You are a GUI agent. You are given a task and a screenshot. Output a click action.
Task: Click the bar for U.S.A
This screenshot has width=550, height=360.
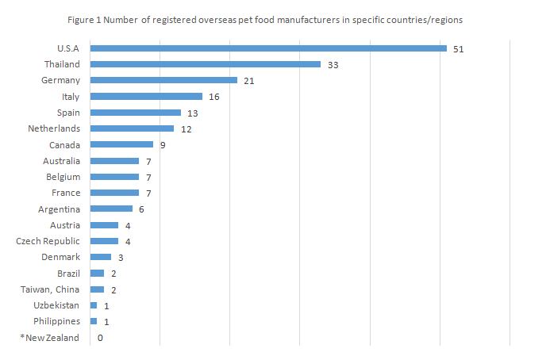tap(268, 48)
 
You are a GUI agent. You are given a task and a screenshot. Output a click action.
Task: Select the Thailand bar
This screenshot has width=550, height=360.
tap(206, 64)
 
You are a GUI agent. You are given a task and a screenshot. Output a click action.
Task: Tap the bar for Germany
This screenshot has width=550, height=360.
tap(163, 80)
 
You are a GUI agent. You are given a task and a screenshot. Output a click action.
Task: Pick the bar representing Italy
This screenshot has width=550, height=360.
tap(146, 97)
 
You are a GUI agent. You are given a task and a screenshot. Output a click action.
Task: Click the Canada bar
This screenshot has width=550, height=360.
tap(121, 144)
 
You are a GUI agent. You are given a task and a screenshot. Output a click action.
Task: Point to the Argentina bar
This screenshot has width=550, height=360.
tap(111, 209)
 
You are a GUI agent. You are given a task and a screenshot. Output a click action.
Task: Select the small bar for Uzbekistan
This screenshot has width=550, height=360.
tap(94, 305)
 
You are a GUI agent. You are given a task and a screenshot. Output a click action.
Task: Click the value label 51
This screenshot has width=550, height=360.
tap(458, 49)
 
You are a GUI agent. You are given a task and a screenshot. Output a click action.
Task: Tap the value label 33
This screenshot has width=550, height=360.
tap(333, 65)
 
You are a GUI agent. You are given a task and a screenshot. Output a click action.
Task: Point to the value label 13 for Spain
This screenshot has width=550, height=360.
tap(193, 113)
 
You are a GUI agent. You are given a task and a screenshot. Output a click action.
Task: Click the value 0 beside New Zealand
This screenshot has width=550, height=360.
tap(100, 338)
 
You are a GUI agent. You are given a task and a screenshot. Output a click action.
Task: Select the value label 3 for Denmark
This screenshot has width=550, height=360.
tap(121, 258)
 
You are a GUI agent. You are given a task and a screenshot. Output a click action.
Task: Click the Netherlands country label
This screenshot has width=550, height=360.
tap(54, 128)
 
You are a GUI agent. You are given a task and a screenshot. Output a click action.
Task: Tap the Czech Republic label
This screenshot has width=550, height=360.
tap(48, 241)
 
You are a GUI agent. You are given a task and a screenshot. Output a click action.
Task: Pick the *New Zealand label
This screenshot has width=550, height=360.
tap(50, 338)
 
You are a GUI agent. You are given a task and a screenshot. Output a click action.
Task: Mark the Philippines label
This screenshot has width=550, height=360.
tap(56, 321)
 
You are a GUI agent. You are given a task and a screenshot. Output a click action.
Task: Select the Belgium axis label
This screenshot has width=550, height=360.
tap(63, 177)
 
